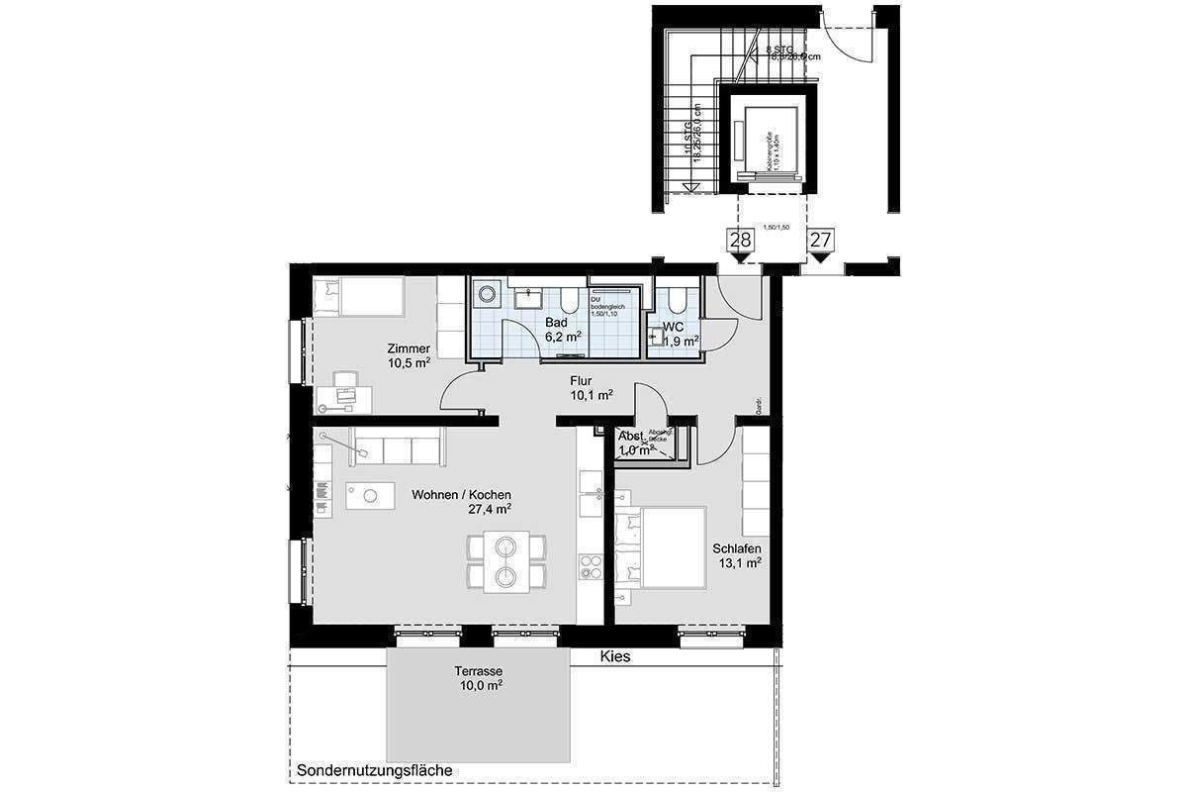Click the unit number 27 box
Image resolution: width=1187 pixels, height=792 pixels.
tap(820, 240)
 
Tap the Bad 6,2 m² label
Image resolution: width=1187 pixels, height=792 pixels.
tap(560, 330)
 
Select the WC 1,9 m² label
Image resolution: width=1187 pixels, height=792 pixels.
tap(679, 334)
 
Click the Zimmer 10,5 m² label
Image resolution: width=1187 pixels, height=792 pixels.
tap(409, 355)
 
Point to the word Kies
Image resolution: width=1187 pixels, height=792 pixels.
tap(615, 656)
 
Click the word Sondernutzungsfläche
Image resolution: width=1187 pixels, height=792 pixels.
tap(374, 770)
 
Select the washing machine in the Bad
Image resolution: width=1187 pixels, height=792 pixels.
tap(486, 293)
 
